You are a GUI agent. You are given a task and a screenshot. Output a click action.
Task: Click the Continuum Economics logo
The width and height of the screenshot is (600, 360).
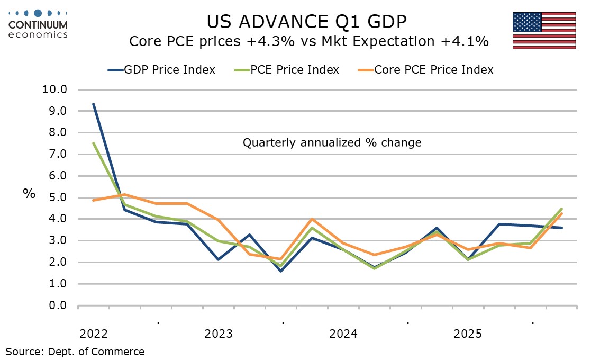coord(38,24)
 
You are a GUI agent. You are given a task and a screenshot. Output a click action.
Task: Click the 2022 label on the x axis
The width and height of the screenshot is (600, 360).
coord(94,334)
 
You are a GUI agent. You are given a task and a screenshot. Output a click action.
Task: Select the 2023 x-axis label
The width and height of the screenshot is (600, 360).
coord(219,334)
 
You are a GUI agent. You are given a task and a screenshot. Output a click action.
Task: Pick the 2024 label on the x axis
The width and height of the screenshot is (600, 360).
coord(343,334)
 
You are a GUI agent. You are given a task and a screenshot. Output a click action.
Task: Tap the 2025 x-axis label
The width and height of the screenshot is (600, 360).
coord(468,334)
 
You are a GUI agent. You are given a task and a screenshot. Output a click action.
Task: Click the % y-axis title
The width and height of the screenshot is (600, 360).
coord(29,194)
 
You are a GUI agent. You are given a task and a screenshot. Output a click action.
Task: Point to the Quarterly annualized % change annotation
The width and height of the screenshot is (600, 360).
coord(332,143)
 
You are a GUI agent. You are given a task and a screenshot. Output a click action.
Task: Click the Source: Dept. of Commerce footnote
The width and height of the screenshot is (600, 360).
coord(75,351)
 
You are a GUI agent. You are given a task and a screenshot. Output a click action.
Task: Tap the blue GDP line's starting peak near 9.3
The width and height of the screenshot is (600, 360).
coord(94,104)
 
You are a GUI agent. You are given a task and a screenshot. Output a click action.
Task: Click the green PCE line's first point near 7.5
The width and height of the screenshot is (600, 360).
coord(94,143)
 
